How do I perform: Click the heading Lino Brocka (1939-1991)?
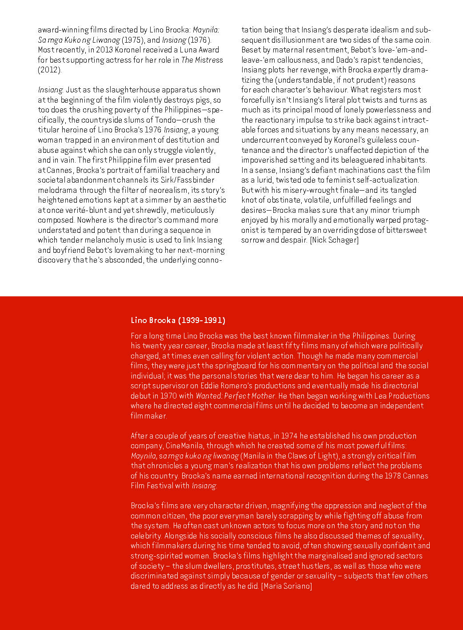click(x=178, y=320)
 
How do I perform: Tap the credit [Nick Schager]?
click(x=334, y=240)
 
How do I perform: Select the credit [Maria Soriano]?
click(x=287, y=586)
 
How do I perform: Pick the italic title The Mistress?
click(x=202, y=60)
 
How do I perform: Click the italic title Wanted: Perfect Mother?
click(x=235, y=396)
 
